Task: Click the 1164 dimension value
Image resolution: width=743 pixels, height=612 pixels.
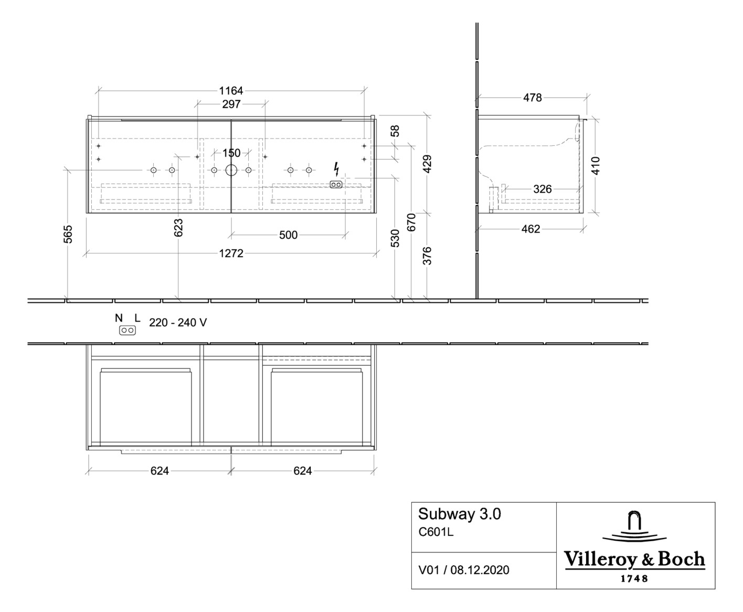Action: (231, 91)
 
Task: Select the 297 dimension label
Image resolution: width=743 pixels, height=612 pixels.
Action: (231, 104)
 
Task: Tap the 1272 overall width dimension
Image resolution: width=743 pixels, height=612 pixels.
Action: (231, 254)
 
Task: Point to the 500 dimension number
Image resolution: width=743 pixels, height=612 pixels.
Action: (288, 235)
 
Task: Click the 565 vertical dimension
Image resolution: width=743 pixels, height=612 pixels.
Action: (68, 234)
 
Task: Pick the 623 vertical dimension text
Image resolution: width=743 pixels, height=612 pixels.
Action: (178, 227)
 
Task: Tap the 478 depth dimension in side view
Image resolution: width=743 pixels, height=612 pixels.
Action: (532, 98)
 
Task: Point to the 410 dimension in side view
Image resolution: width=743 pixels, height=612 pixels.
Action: (595, 166)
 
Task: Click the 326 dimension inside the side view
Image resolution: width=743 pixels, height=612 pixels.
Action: (542, 189)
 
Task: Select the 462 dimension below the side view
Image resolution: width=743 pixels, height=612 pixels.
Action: (530, 229)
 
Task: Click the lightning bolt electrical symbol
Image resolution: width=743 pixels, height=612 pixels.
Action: (336, 169)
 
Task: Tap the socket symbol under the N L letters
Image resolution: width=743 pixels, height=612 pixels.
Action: (128, 330)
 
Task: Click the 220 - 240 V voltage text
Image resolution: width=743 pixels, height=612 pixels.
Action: (178, 323)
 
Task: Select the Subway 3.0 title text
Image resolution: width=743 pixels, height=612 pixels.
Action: (459, 514)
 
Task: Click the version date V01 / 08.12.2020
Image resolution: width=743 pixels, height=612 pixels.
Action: (463, 570)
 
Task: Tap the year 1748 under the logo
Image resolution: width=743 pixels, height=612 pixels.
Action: (634, 578)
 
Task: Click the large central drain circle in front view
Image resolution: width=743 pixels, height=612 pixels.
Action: (231, 170)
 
